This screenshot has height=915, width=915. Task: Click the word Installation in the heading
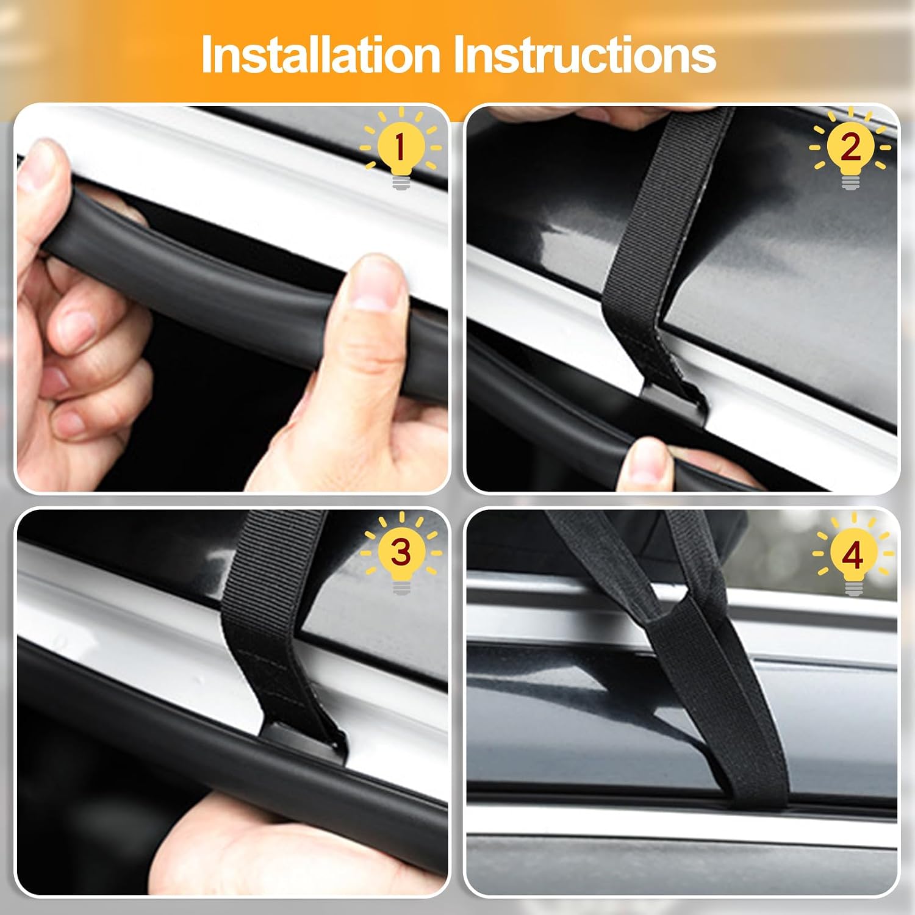click(321, 55)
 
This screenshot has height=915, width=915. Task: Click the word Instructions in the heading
click(585, 55)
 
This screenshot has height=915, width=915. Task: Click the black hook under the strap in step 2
click(674, 400)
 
